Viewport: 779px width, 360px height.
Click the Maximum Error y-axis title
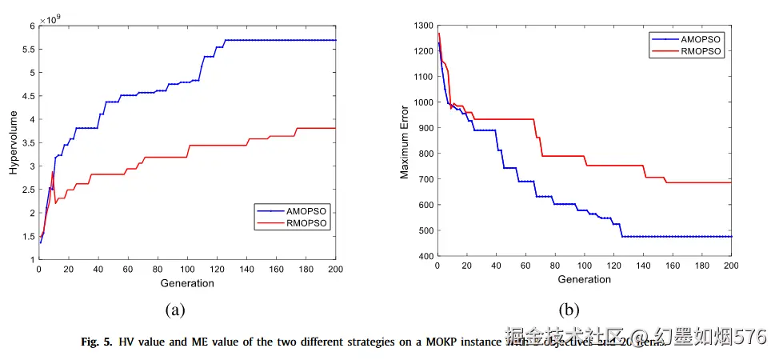[405, 142]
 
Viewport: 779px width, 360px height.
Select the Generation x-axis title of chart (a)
[188, 283]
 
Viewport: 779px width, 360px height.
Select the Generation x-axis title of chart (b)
[584, 280]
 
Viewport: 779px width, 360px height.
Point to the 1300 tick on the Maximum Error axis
[421, 26]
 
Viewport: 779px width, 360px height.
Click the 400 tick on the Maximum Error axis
[424, 256]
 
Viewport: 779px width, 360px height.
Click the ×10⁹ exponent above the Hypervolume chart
[50, 18]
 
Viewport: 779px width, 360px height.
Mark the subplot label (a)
[175, 310]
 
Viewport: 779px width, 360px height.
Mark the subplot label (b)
[569, 310]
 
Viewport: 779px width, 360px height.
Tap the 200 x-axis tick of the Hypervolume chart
[336, 270]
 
